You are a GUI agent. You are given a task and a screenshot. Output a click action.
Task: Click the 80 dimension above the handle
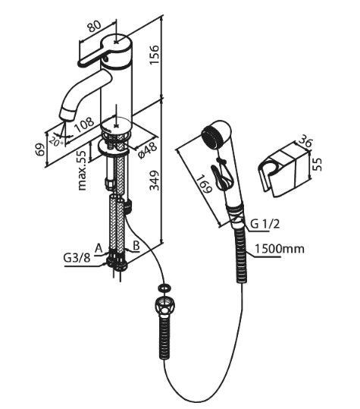(94, 27)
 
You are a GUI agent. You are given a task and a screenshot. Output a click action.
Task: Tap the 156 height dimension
(154, 55)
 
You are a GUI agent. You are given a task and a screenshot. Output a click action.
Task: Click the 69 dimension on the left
(40, 149)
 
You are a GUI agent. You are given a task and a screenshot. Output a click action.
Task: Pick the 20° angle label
(57, 142)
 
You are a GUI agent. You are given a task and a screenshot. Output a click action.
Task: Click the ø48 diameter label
(148, 150)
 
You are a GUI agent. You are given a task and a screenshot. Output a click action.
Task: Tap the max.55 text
(82, 170)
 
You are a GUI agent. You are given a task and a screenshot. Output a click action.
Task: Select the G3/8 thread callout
(77, 258)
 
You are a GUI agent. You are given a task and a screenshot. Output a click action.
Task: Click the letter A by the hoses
(99, 248)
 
